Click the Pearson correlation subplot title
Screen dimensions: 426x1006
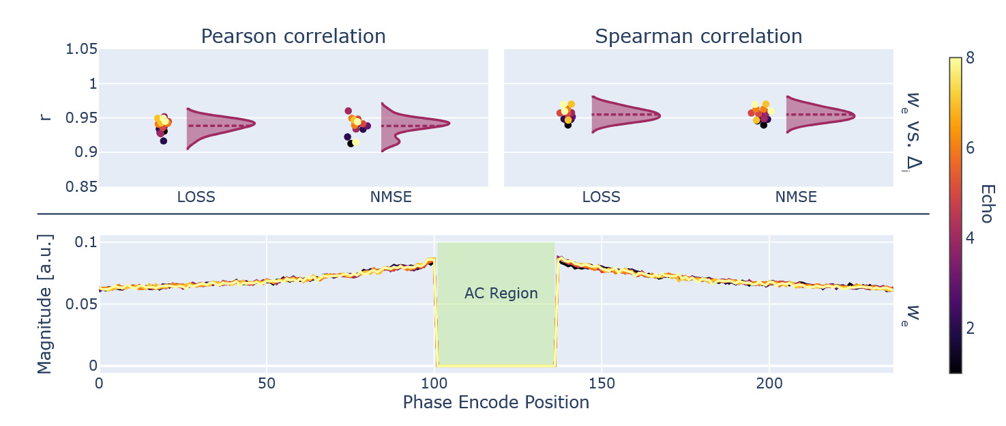tap(293, 36)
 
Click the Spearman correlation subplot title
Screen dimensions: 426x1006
tap(698, 36)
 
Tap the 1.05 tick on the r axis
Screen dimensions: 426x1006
tap(82, 50)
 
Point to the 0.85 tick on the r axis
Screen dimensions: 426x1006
tap(82, 186)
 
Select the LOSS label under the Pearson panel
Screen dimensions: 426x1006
tap(196, 198)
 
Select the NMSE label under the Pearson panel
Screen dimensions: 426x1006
tap(391, 198)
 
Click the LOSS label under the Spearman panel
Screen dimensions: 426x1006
tap(601, 198)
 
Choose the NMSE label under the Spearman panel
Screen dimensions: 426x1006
tap(796, 198)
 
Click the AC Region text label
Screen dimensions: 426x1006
tap(501, 294)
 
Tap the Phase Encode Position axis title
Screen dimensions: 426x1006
tap(496, 403)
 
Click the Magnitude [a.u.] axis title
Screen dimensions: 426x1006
tap(44, 304)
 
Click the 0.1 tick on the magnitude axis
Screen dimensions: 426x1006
tap(85, 243)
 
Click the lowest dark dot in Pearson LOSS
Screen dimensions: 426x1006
tap(163, 141)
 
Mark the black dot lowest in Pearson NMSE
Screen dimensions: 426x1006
tap(351, 143)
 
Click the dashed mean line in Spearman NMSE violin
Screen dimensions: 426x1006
tap(818, 114)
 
